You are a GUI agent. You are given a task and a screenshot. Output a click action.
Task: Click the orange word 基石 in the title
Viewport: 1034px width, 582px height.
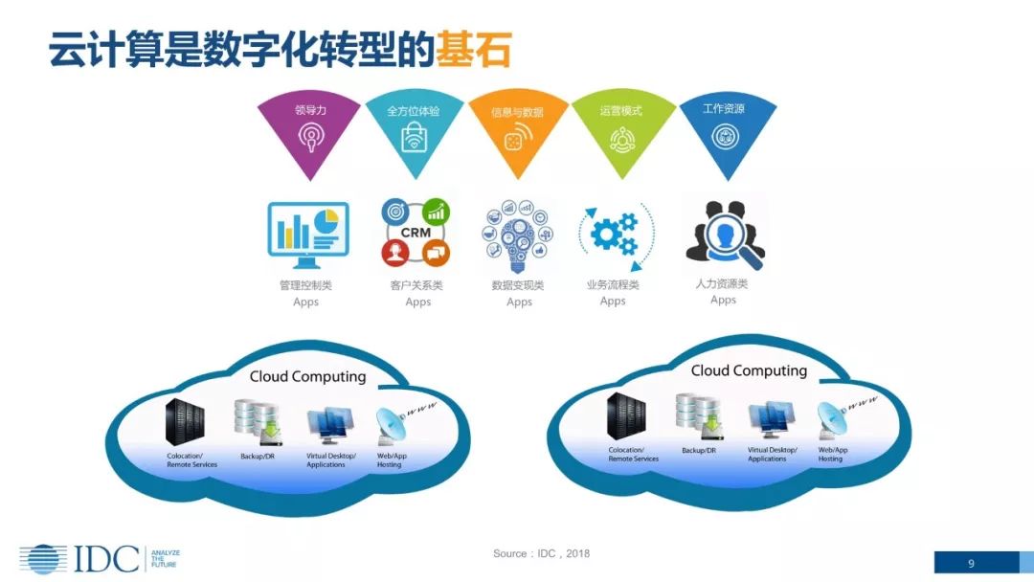coord(473,48)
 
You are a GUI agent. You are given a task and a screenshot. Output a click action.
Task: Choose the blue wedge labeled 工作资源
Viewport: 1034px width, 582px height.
coord(725,130)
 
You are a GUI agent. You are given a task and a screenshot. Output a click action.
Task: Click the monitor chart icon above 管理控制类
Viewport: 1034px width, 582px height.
coord(308,233)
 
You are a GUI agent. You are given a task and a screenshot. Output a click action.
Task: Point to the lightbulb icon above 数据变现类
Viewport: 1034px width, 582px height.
coord(518,234)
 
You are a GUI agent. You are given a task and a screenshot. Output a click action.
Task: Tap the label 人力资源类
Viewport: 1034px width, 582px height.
coord(722,284)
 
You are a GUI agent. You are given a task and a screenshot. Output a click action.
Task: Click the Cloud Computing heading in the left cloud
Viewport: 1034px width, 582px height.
coord(307,376)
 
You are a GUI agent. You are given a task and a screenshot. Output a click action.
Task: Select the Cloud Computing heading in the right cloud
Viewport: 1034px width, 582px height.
coord(749,370)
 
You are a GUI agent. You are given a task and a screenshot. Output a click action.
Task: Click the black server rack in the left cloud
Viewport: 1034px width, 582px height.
coord(185,422)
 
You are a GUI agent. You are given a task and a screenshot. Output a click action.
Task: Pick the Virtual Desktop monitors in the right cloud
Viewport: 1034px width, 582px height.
coord(771,418)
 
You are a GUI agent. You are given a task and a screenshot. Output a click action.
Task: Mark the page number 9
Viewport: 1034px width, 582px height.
coord(971,563)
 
